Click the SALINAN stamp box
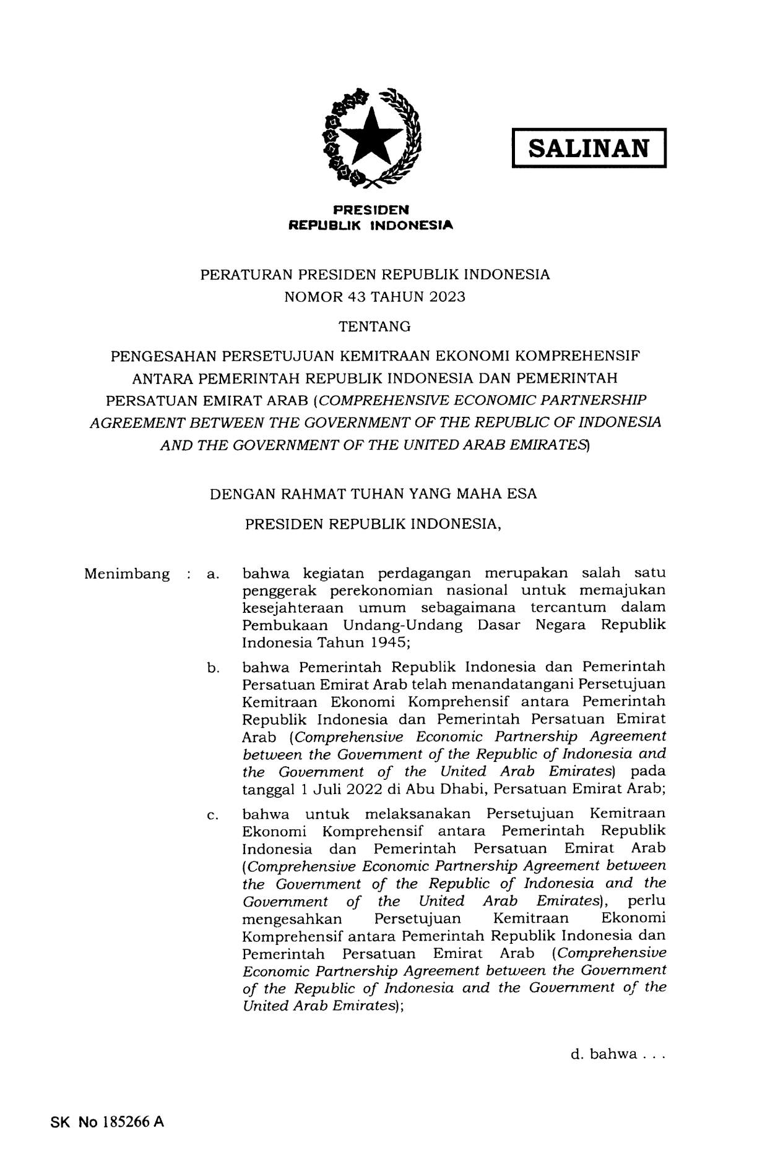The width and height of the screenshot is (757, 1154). [x=588, y=148]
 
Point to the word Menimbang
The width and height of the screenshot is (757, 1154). [x=126, y=574]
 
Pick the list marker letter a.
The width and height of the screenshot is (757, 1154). [x=212, y=575]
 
